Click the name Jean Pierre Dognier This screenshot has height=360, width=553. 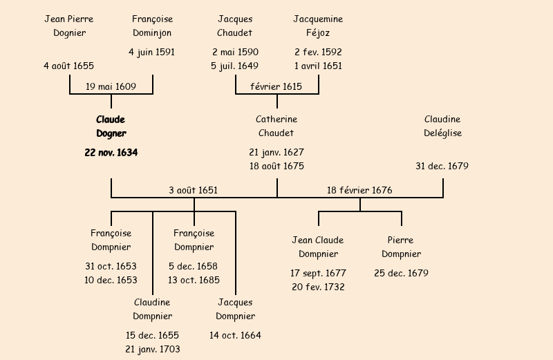[x=68, y=26]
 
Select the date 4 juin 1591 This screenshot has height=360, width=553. [x=152, y=52]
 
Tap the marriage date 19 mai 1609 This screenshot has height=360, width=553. [x=111, y=86]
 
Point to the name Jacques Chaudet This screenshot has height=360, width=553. [x=235, y=26]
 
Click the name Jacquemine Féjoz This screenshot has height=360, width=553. [x=318, y=26]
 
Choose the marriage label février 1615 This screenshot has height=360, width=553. [x=276, y=86]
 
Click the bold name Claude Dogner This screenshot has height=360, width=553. [x=111, y=126]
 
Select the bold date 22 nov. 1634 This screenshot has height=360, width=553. [x=111, y=153]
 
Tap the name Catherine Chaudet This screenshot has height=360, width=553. [x=276, y=126]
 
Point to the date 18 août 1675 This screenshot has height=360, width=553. [x=276, y=167]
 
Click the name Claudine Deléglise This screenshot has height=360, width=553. [x=442, y=126]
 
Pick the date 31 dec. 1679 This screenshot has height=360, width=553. [x=442, y=167]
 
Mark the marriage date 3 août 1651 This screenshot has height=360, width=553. [x=194, y=190]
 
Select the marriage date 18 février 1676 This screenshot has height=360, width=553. [x=359, y=190]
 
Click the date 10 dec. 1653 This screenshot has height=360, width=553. [x=111, y=280]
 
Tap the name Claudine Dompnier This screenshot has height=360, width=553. [x=152, y=310]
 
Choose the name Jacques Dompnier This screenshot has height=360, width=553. [x=235, y=310]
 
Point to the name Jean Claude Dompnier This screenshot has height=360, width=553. [x=318, y=247]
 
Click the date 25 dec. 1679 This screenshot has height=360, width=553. [x=401, y=273]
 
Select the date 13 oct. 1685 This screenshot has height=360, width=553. [x=194, y=280]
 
